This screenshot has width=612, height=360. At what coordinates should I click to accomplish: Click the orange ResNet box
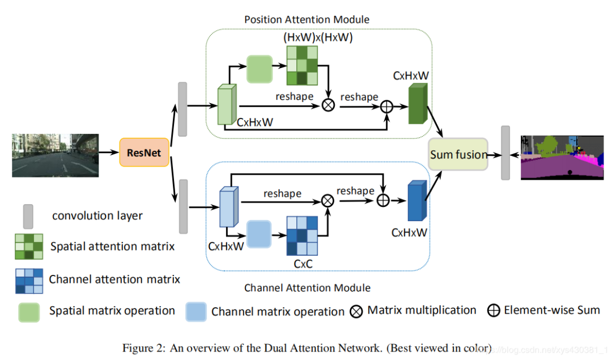point(144,153)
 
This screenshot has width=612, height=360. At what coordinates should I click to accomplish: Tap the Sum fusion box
point(458,154)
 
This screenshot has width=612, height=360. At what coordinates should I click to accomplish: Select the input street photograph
point(56,155)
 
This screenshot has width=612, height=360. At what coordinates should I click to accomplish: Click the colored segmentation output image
point(562,158)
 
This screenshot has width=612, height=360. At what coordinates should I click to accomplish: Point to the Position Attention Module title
point(307,20)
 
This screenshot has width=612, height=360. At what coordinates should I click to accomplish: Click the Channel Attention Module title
point(307,287)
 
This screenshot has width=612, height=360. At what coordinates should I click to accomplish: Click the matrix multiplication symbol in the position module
point(328,105)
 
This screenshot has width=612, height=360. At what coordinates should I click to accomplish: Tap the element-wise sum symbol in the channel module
point(384,200)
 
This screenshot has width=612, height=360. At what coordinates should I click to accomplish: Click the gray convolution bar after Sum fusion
point(505,153)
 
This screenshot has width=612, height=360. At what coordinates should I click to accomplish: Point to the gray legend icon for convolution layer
point(27,216)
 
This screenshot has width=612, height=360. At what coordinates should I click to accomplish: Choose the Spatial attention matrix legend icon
point(29,246)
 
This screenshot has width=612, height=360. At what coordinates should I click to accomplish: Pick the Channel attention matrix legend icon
point(29,280)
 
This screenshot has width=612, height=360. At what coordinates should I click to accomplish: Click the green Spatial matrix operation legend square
point(28,311)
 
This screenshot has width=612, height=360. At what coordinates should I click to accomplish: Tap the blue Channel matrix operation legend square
point(196,311)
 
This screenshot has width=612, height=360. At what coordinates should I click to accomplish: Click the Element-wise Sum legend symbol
point(494,311)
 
